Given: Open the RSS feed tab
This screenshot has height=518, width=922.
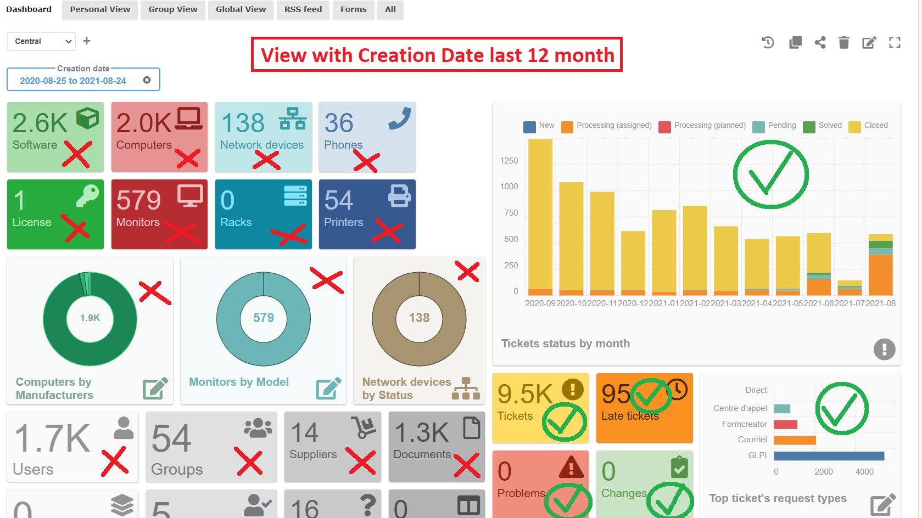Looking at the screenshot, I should [303, 9].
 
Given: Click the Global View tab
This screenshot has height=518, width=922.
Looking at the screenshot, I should [241, 9].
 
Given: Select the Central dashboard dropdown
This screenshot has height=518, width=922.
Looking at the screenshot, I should [41, 41].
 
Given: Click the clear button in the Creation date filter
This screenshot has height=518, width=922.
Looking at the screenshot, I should [147, 80].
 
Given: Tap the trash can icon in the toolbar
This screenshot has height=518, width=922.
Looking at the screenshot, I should [844, 42].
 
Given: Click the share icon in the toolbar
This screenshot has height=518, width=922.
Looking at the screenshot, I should [820, 42].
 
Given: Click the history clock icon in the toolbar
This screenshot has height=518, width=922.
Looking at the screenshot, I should [768, 42].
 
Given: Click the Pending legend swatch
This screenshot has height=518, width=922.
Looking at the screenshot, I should [758, 127].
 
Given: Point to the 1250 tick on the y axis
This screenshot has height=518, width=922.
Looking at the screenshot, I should [509, 161].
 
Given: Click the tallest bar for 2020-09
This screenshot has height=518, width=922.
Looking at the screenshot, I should [540, 214].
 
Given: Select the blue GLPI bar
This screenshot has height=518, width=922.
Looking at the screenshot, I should [829, 455].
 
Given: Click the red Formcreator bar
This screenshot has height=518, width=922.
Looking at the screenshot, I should [785, 424].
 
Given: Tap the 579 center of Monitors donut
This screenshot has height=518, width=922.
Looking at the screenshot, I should [264, 318].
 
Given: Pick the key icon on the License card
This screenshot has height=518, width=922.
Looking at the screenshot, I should [87, 195].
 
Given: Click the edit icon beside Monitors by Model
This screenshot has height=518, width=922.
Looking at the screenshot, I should [328, 388].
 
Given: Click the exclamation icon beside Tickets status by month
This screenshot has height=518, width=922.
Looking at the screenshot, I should [884, 349].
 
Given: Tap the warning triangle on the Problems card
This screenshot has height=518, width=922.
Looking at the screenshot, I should [571, 467].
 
